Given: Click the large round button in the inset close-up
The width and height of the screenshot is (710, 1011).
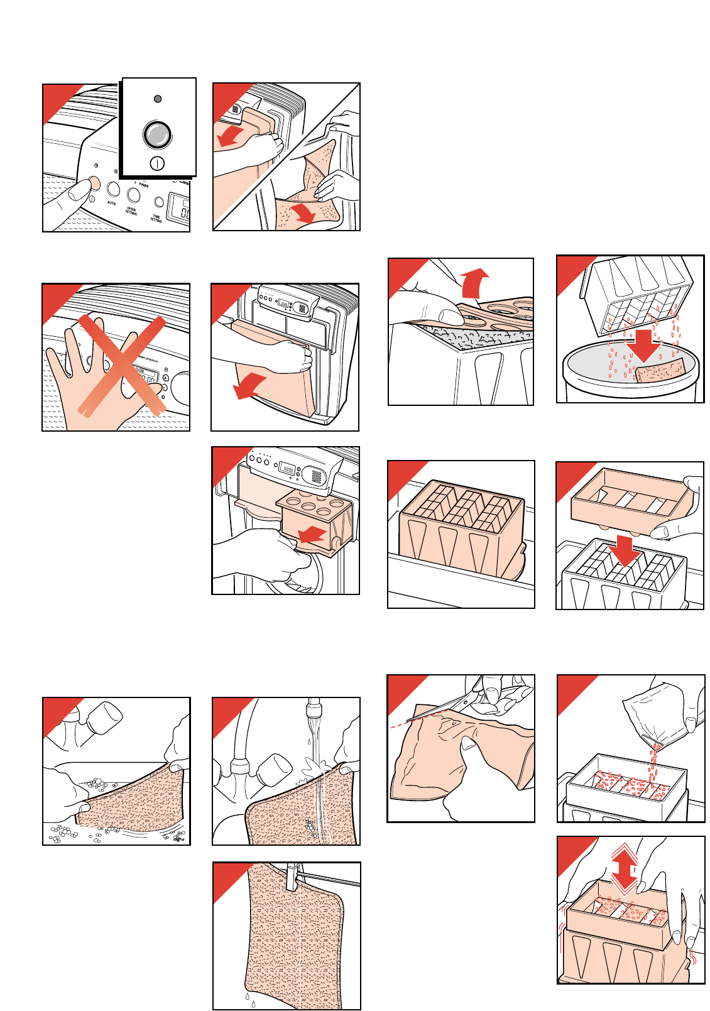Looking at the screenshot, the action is coord(157,134).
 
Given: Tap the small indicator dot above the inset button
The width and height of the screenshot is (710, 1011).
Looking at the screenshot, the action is coord(158,99).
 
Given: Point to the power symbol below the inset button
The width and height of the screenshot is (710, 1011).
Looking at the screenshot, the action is coord(158,163).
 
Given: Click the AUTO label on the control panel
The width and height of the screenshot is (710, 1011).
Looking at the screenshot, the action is coord(111,204).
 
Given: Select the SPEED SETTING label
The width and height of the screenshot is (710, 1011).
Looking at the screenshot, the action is coord(131,211).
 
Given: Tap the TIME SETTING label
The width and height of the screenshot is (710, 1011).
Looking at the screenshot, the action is coord(156,218).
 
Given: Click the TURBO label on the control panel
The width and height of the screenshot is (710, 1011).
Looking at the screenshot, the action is coord(144,186).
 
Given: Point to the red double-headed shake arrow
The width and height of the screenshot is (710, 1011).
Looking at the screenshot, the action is coord(624,869).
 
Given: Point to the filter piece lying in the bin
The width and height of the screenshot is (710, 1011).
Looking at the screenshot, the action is coord(658,370).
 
